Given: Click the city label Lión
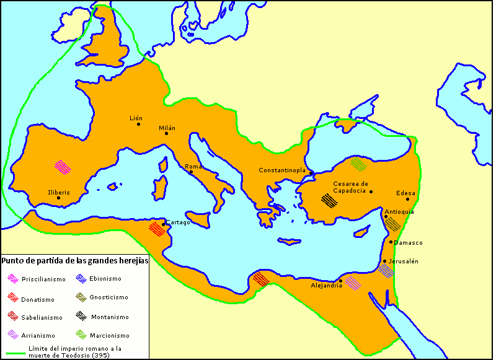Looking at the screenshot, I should coord(136,118).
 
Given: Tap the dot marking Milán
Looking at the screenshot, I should coord(166,133).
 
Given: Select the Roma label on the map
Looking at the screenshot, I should coord(193,167).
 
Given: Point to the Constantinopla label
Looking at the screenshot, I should coord(283,170).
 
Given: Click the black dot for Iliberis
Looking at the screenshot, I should coord(58,198).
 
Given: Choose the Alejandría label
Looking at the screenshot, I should coord(326,285).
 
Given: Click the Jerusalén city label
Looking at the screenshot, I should coord(403,261).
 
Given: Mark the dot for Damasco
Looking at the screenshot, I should coord(391,242).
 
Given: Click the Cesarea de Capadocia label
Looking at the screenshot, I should coord(351,187).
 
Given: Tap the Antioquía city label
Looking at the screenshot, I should coord(399,212).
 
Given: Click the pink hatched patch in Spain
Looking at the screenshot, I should coord(63,167).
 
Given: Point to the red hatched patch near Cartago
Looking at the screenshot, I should coord(156,229).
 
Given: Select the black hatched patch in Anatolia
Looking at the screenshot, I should coord(329,200).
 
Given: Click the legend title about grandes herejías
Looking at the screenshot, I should coord(75,261).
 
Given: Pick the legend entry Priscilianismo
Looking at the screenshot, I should coord(43,279).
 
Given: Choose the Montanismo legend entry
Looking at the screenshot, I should coord(110,317).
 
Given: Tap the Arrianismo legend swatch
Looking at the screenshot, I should coord(12,335).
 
